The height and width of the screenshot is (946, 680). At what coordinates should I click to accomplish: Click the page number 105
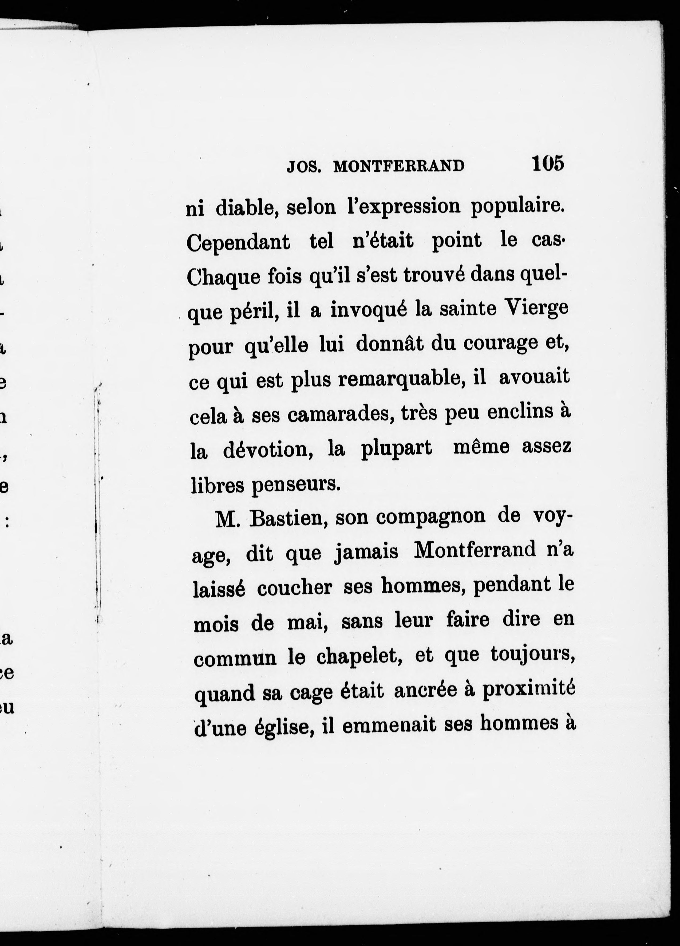point(547,163)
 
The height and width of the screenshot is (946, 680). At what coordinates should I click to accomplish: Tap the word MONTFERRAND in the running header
point(399,166)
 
